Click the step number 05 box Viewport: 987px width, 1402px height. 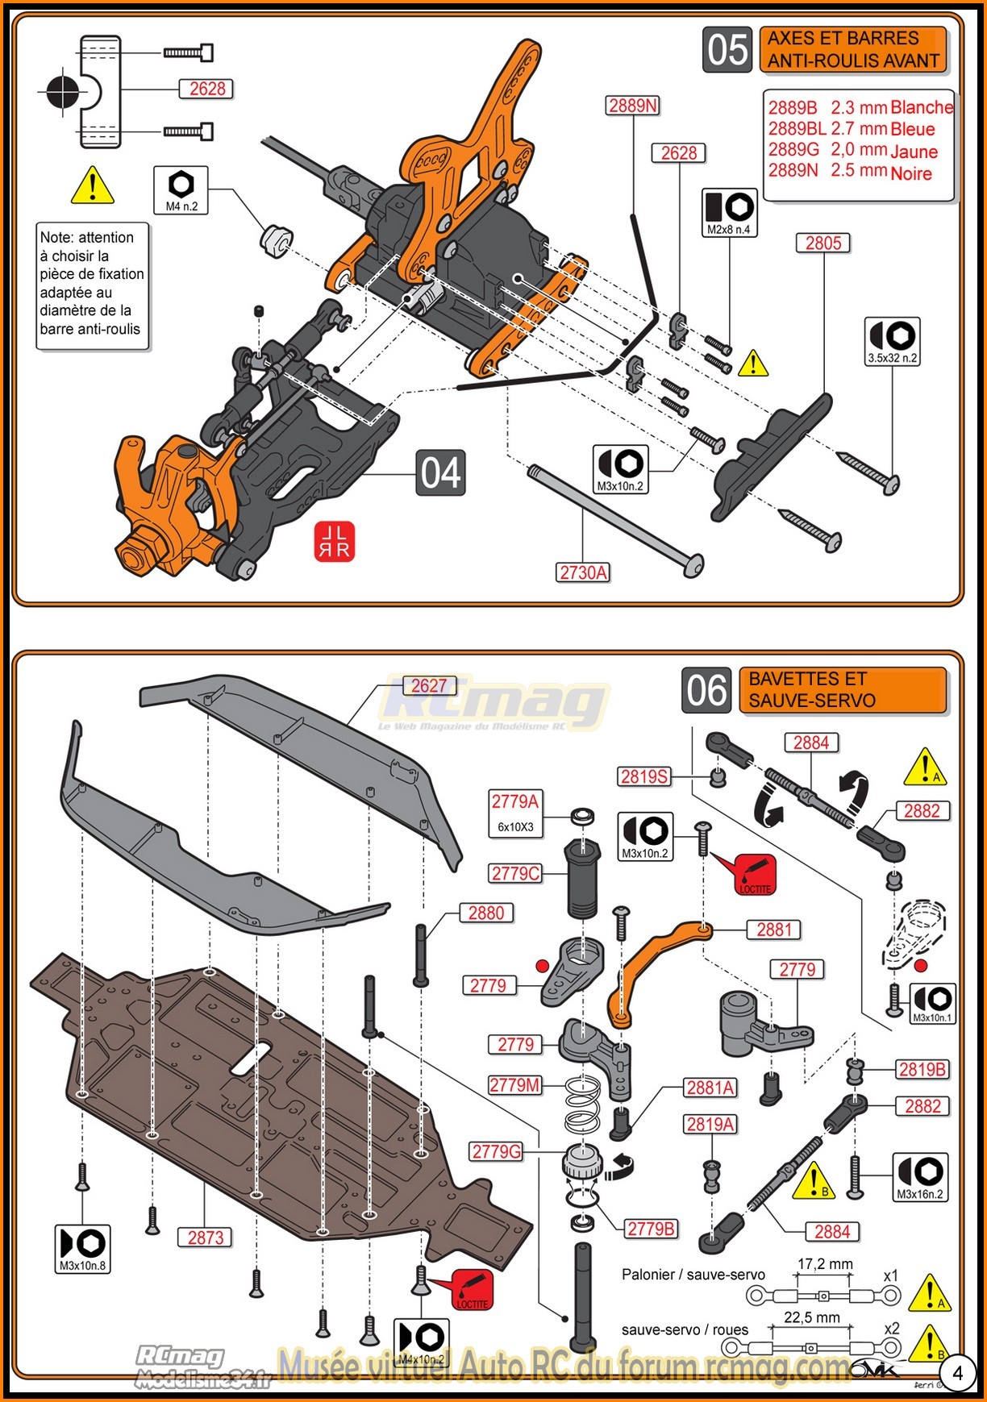pos(727,49)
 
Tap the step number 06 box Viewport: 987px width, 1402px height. pos(706,690)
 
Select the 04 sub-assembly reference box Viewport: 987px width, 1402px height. pos(440,473)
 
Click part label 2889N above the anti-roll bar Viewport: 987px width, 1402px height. pos(633,106)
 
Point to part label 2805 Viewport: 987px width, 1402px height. pos(822,243)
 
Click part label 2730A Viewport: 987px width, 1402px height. pos(583,572)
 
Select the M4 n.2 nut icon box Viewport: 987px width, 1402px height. pos(181,190)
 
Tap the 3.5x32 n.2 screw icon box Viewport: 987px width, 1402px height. pos(892,341)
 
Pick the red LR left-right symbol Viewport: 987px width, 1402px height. pos(334,542)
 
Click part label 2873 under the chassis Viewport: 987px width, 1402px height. pos(206,1238)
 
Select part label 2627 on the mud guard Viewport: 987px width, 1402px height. pos(429,686)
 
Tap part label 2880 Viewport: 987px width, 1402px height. pos(486,913)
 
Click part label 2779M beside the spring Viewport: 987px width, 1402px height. pos(514,1085)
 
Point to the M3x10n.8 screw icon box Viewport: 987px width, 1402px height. pos(82,1249)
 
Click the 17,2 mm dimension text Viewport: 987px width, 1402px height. pos(825,1263)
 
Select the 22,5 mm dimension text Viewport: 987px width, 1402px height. pos(812,1317)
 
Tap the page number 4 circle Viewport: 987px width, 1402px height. pos(957,1373)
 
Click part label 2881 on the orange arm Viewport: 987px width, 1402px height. pos(774,930)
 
